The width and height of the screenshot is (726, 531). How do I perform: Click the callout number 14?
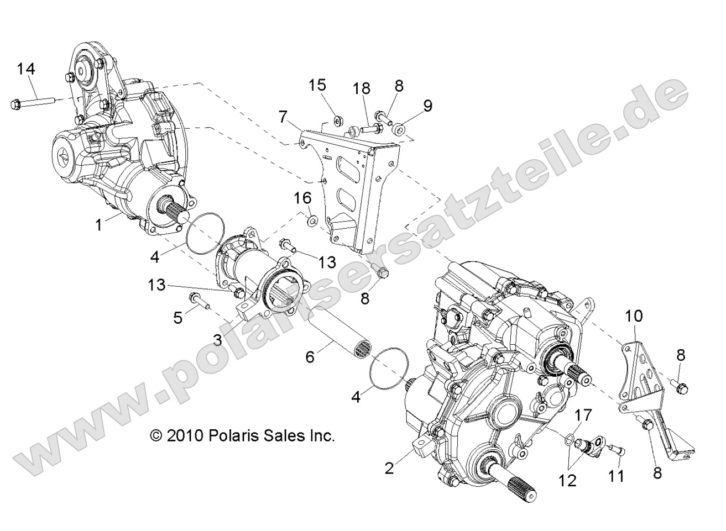[x=25, y=69]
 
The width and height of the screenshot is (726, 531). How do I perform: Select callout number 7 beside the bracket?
[x=283, y=117]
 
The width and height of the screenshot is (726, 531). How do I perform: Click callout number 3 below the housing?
[x=218, y=340]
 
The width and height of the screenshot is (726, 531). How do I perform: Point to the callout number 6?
[x=310, y=356]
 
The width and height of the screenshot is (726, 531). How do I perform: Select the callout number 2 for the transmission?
[x=390, y=468]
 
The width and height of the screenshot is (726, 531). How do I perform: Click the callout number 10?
[x=635, y=317]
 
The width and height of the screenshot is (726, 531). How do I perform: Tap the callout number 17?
[x=570, y=414]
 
